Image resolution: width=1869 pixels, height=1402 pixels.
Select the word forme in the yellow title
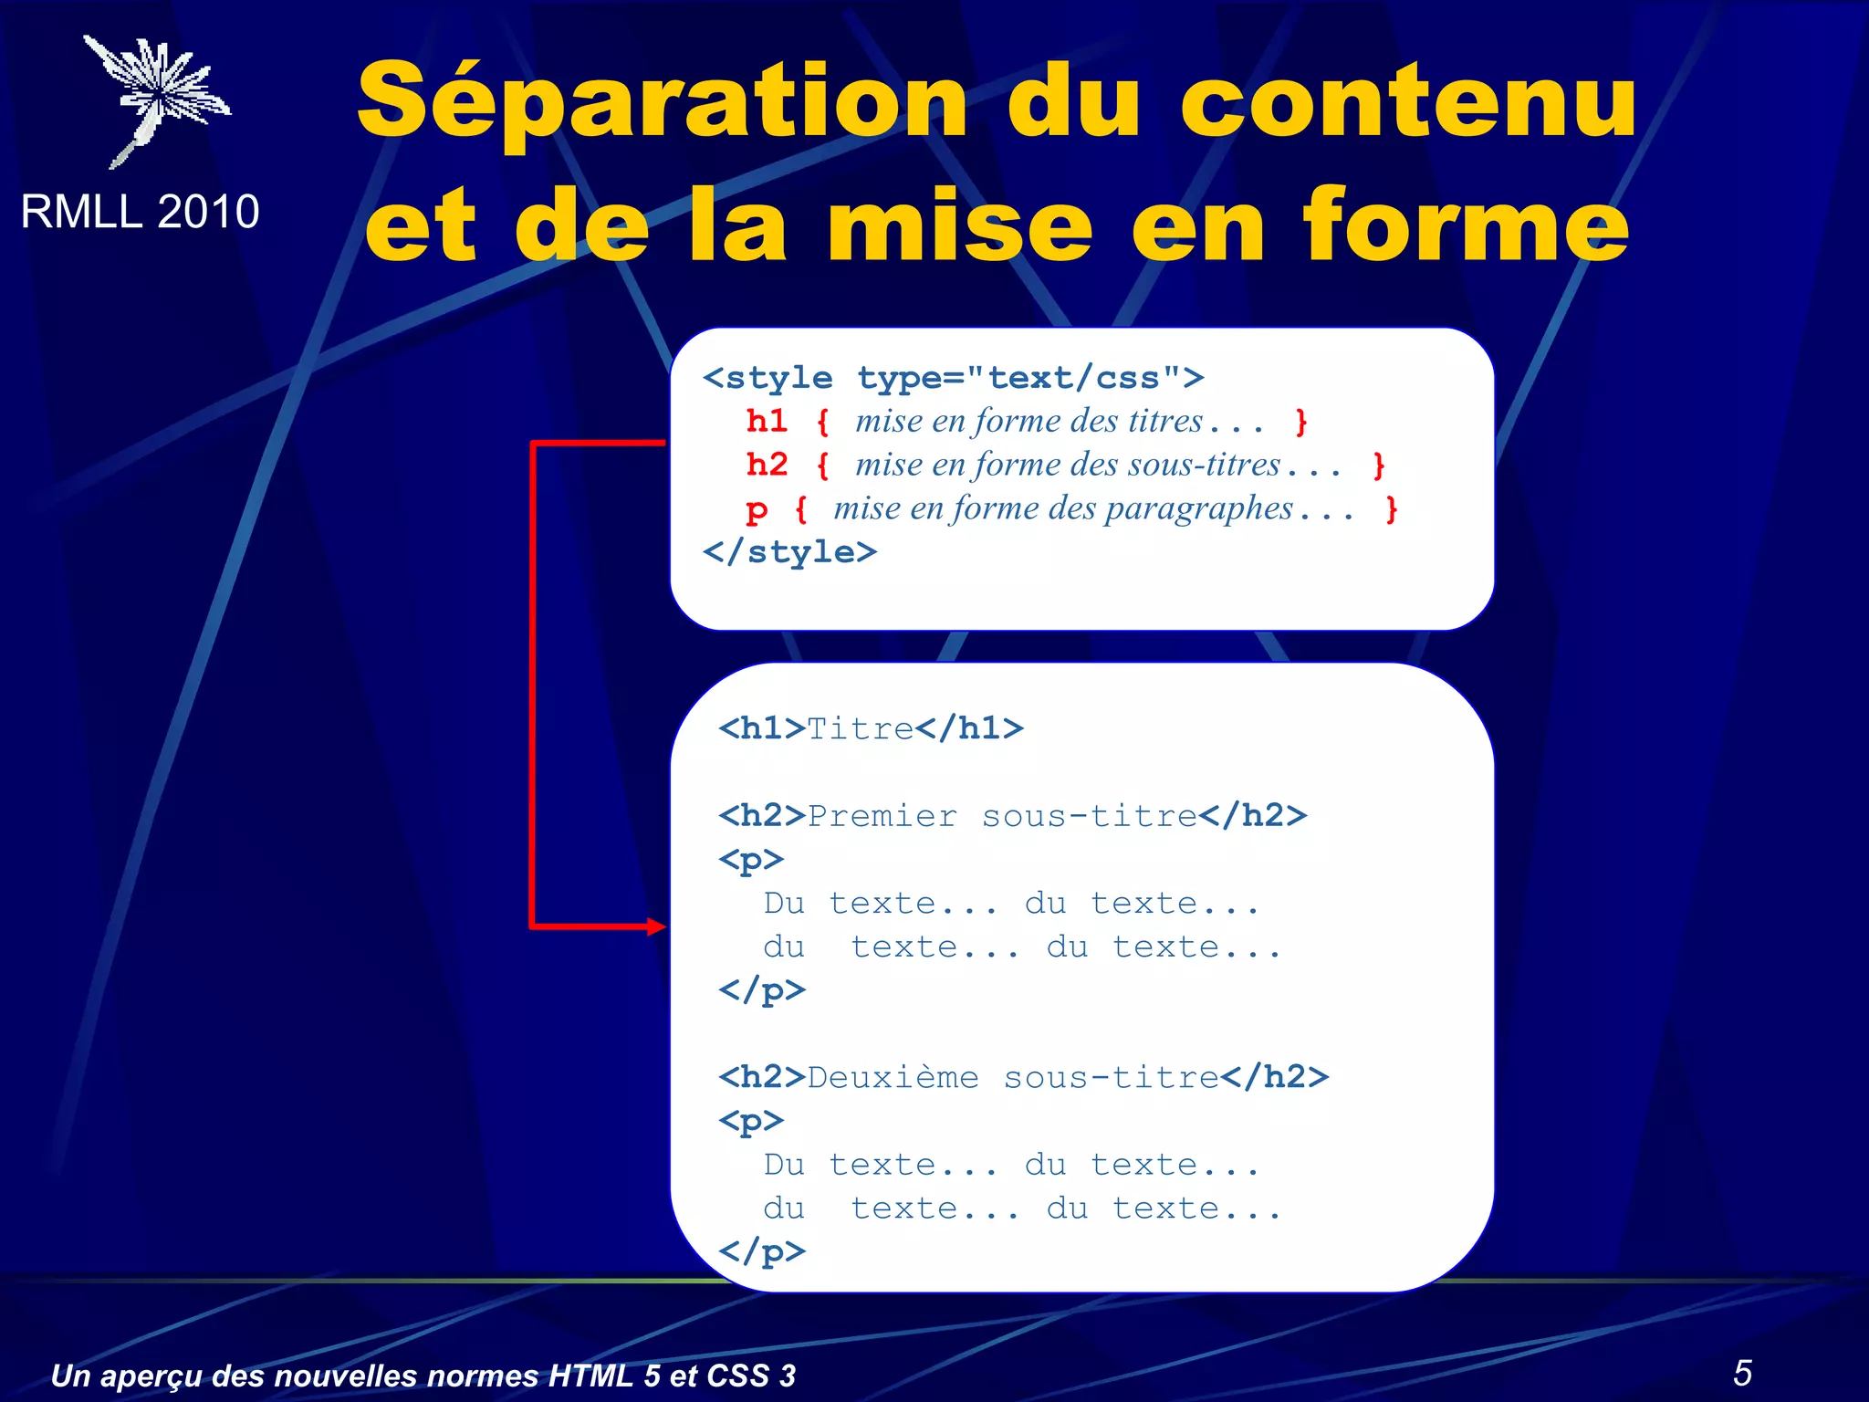(1466, 225)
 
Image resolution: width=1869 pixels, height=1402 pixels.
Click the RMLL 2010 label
(140, 212)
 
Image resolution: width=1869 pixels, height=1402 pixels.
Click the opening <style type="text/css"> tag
(953, 378)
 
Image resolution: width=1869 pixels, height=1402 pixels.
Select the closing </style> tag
(789, 551)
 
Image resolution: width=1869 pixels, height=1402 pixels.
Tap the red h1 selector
(767, 421)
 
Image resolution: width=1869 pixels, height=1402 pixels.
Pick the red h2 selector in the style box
(767, 465)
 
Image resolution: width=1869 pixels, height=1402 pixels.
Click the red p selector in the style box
(757, 509)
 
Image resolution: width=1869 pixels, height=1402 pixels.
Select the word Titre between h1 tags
(861, 728)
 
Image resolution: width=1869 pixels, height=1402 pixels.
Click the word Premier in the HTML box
(882, 816)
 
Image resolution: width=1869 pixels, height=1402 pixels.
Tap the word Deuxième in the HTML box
(893, 1078)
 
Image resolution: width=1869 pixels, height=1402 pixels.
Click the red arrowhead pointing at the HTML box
(657, 926)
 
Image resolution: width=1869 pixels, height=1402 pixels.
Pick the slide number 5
(1742, 1373)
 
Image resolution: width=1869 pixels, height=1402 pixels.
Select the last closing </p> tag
(762, 1251)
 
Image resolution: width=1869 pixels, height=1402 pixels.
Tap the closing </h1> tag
(970, 728)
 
